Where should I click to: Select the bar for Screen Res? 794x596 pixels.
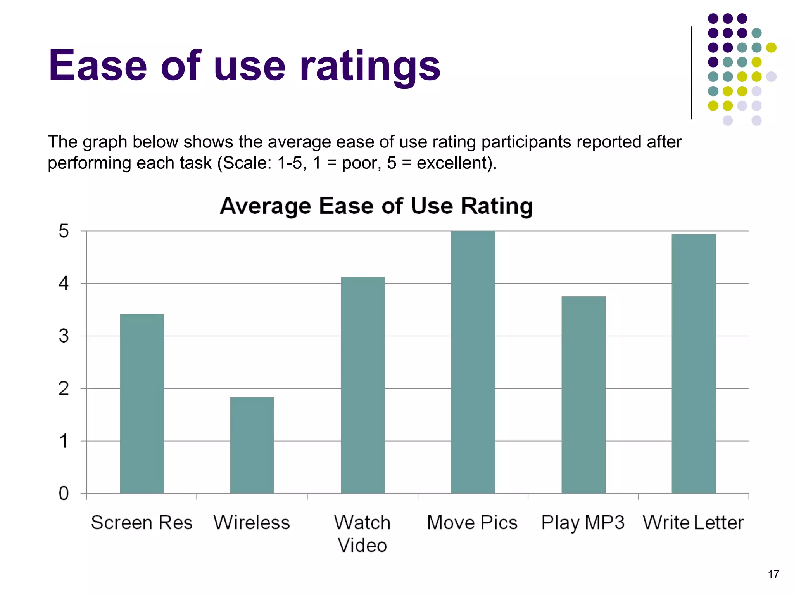[x=142, y=404]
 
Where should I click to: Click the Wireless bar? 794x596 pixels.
[x=252, y=445]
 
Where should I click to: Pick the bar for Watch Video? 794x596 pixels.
[x=362, y=385]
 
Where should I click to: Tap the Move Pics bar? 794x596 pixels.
[x=473, y=362]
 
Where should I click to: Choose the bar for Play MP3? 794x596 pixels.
[x=583, y=395]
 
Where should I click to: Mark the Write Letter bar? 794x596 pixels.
[x=693, y=364]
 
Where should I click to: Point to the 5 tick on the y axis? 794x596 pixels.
[x=64, y=231]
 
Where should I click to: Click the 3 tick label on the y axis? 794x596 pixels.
[x=64, y=336]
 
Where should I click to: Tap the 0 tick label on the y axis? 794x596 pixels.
[x=64, y=494]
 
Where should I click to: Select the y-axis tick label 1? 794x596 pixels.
[x=64, y=441]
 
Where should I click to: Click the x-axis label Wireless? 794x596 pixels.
[x=252, y=522]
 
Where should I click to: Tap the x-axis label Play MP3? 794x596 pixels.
[x=583, y=522]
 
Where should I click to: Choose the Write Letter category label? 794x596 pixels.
[x=693, y=522]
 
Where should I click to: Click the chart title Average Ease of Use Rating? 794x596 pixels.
[x=376, y=206]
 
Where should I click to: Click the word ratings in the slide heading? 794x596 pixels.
[x=370, y=66]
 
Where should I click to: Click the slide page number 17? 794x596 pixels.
[x=773, y=574]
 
